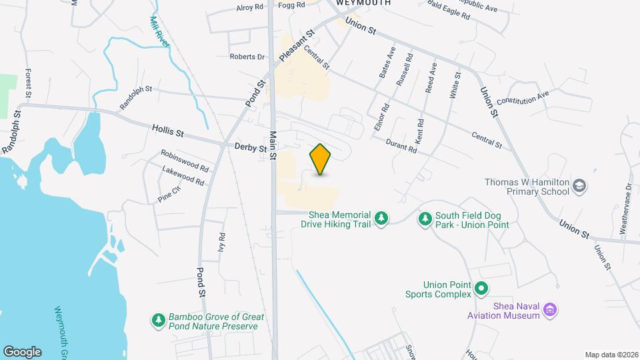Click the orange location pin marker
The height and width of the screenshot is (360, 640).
pos(320,159)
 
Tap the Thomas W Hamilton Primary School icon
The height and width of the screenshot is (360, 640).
pos(579,185)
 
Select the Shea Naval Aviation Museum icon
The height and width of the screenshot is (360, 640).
pos(550,309)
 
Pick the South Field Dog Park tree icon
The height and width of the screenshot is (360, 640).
pos(425,218)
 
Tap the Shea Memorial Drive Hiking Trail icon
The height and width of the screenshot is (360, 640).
pos(381,218)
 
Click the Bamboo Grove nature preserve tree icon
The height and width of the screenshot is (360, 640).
pos(159,321)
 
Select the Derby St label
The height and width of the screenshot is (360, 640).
pos(250,147)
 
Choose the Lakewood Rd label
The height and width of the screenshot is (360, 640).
pos(183,175)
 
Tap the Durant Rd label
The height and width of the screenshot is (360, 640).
pos(403,145)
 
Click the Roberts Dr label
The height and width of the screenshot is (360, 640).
pos(247,57)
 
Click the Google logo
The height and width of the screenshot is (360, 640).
pos(22,351)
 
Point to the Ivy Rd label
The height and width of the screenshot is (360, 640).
pos(221,241)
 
